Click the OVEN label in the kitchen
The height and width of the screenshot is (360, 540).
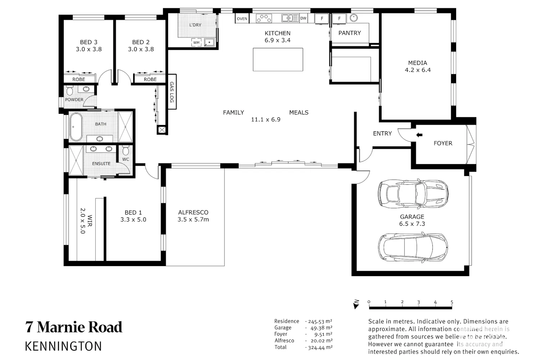pos(242,19)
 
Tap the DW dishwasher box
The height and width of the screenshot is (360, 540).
pos(303,18)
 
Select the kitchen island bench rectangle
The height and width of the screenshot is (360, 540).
pos(278,59)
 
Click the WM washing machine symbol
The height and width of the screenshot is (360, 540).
pos(197,43)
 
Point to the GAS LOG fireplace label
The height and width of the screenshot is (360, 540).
pos(172,92)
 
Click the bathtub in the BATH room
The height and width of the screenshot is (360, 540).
pos(76,126)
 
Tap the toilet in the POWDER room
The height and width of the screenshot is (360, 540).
pos(70,91)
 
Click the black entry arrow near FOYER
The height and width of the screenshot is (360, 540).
pos(419,135)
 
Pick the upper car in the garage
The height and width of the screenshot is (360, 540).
pos(413,194)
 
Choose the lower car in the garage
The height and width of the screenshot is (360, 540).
pos(413,248)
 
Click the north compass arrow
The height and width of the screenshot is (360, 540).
pos(356,305)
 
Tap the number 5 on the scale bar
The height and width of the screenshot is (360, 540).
pos(452,302)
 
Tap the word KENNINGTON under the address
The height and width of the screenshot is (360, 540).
pos(63,346)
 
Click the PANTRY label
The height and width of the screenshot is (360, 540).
pos(350,33)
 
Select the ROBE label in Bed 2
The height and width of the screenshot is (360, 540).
pos(150,79)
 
